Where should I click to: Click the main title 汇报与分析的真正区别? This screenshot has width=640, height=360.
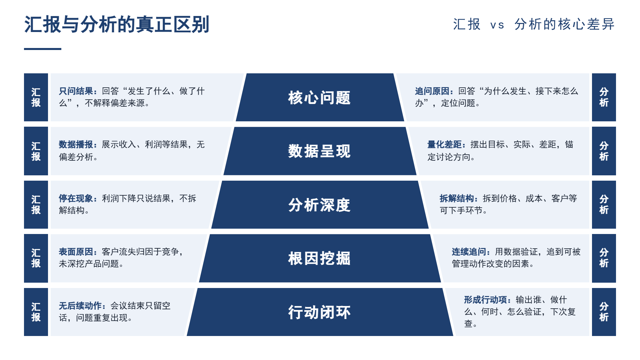117,24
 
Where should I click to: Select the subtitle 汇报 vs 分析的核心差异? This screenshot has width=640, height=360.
534,24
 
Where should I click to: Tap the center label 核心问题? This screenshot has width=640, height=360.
319,98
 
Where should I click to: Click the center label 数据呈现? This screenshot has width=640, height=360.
319,151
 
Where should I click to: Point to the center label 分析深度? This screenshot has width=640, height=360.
319,205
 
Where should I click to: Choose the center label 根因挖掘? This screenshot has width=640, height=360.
319,259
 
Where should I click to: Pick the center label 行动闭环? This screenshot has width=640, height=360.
319,312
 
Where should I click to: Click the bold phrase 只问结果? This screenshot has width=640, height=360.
76,91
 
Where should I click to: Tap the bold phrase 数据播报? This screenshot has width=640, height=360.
76,144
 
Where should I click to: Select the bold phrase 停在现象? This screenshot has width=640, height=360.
76,198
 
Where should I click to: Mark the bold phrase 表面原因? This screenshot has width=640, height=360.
76,252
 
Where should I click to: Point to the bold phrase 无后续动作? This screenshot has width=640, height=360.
80,306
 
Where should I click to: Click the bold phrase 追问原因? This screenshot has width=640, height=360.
432,91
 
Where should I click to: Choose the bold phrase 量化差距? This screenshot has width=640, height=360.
445,144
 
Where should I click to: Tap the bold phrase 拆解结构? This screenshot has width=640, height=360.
457,198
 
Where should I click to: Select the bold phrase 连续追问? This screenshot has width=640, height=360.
469,252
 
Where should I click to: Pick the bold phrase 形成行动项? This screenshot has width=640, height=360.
486,300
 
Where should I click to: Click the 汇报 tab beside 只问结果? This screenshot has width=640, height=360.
36,97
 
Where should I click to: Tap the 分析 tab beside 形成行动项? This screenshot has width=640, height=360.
604,312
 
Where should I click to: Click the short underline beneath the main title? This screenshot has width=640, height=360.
43,49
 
